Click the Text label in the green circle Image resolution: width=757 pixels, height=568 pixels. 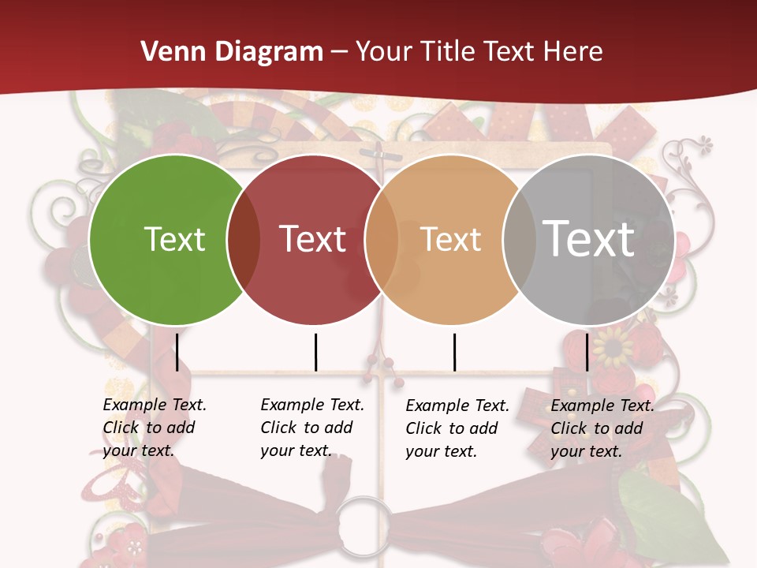point(174,239)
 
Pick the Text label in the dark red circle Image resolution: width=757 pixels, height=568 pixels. point(313,239)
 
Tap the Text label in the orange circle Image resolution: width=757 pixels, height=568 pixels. point(450,239)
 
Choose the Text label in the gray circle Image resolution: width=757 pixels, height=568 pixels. point(588,239)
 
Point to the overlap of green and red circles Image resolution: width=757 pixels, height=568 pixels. point(244,240)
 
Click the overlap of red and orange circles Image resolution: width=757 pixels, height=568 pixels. point(382,240)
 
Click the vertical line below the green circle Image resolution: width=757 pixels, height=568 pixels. point(177,352)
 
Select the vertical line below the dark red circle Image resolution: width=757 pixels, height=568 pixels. point(315,352)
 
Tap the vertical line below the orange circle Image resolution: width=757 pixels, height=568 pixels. point(454,352)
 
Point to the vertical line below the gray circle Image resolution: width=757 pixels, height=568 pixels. point(587,352)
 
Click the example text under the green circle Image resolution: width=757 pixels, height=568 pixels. point(155,428)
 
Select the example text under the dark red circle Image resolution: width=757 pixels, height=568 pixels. point(312,428)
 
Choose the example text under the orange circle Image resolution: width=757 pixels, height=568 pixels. point(457,428)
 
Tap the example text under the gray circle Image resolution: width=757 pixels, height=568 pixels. point(602,428)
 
